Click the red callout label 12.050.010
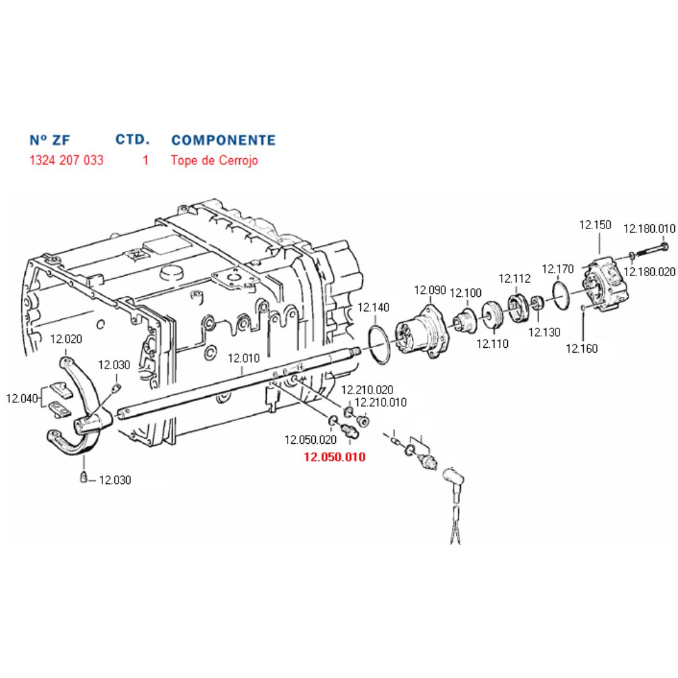click(335, 456)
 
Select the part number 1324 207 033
click(66, 160)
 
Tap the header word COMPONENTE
click(223, 140)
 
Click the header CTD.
click(132, 139)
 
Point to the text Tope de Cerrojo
click(215, 160)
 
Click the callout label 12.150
click(595, 225)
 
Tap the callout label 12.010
click(244, 358)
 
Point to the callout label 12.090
click(430, 289)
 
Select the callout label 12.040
click(22, 398)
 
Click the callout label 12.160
click(581, 348)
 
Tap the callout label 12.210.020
click(367, 390)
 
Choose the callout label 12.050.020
click(311, 439)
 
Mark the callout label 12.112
click(515, 279)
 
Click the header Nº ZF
click(50, 140)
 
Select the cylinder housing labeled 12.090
click(422, 331)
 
